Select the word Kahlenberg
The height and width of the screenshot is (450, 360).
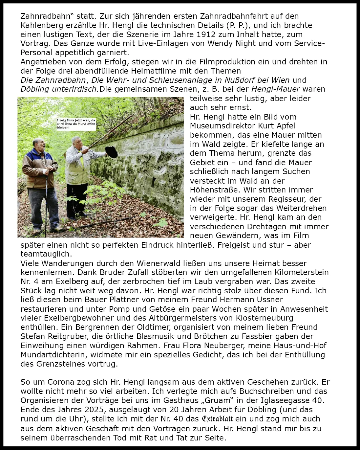coord(40,25)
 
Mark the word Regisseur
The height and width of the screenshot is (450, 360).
coord(287,199)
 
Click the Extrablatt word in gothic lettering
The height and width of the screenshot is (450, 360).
coord(217,419)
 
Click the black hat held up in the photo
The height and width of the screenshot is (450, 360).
coord(112,152)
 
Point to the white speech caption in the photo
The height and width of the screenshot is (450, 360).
coord(76,124)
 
